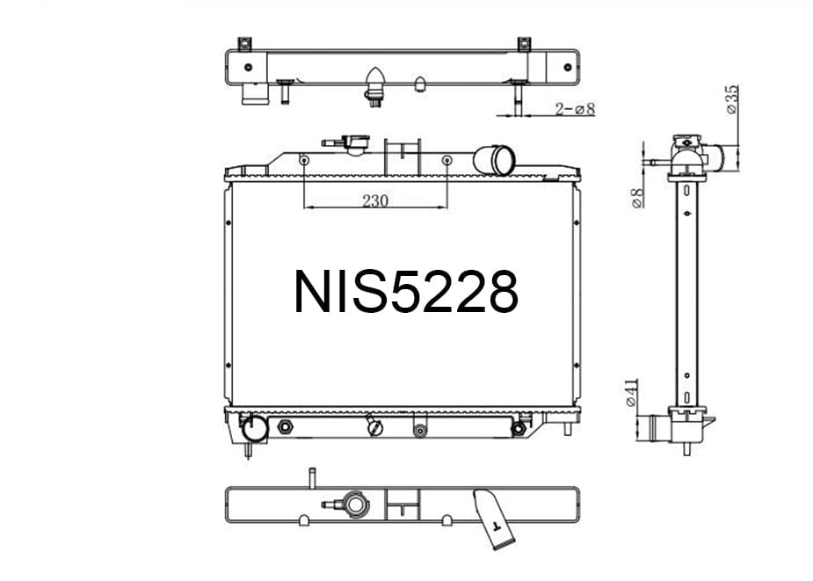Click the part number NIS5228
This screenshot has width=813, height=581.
click(x=405, y=292)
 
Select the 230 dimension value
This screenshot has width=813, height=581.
click(x=375, y=200)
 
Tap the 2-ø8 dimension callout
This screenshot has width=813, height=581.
click(x=576, y=109)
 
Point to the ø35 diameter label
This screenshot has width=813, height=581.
click(x=731, y=100)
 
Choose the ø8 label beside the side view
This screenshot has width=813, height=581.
click(x=639, y=198)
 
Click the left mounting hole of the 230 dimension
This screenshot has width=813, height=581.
click(x=303, y=161)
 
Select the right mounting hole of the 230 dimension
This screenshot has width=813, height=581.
click(x=447, y=161)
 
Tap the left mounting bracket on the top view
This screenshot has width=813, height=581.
click(x=244, y=43)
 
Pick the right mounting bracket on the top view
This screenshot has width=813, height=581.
click(x=524, y=43)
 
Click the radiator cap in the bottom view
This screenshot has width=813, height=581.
click(x=357, y=505)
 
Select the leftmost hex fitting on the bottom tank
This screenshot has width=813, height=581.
click(x=285, y=427)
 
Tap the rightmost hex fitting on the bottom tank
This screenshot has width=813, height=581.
click(x=519, y=428)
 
